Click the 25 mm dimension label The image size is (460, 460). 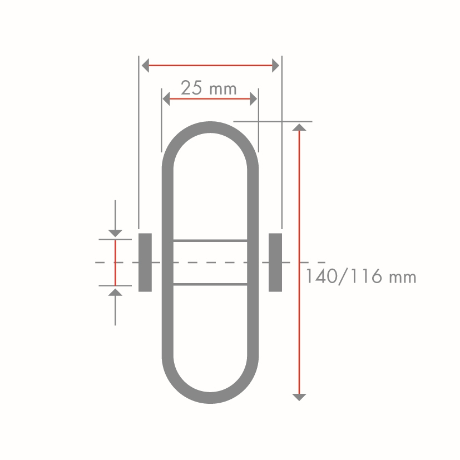pyautogui.click(x=209, y=88)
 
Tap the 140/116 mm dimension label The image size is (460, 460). pyautogui.click(x=361, y=276)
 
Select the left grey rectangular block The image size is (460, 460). pyautogui.click(x=145, y=263)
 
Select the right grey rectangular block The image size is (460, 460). pyautogui.click(x=275, y=263)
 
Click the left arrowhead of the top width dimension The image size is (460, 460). pyautogui.click(x=145, y=65)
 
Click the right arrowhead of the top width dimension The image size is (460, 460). pyautogui.click(x=275, y=65)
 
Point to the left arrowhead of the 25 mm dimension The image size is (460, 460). pyautogui.click(x=166, y=98)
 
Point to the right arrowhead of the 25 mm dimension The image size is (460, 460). pyautogui.click(x=253, y=98)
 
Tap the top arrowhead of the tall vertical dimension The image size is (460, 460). pyautogui.click(x=299, y=127)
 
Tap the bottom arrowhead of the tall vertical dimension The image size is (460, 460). pyautogui.click(x=299, y=397)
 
